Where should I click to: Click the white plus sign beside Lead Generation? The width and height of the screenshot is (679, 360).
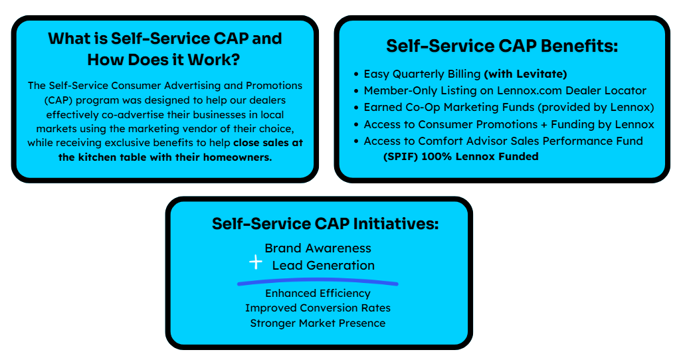click(256, 263)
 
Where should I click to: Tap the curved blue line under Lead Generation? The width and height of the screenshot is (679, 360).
click(318, 282)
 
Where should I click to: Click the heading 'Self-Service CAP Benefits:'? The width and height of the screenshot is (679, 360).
click(502, 46)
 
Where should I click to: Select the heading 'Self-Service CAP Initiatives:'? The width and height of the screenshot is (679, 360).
click(325, 224)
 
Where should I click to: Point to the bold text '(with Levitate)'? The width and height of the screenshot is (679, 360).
click(525, 74)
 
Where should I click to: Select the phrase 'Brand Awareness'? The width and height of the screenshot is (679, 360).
click(318, 248)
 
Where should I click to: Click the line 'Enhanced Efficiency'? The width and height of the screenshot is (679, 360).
click(318, 293)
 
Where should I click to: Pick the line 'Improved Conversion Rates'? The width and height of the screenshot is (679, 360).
click(318, 308)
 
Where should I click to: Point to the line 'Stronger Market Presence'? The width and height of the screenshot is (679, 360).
click(318, 323)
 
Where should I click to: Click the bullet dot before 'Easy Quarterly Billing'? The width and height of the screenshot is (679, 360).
click(357, 74)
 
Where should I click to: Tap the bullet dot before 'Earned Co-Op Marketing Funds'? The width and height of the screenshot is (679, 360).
click(357, 108)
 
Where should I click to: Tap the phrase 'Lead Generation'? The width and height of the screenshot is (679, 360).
click(323, 265)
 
